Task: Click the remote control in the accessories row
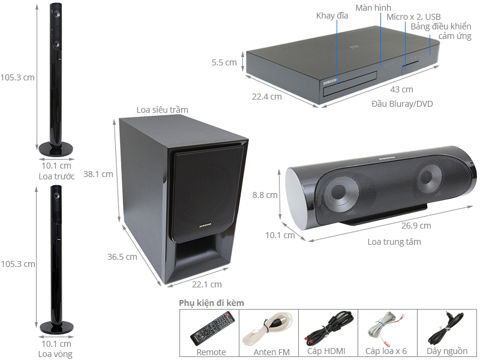pos(212,328)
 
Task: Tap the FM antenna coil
pos(266,329)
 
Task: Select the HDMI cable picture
pos(329,328)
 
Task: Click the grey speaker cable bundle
pos(386,328)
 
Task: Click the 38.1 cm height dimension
pos(98,174)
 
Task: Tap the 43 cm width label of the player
pos(401,89)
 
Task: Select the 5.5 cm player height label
pos(224,62)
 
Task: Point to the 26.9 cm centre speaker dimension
pos(416,226)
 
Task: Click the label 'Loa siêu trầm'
pos(162,110)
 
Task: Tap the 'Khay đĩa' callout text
pos(332,16)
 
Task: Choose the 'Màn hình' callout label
pos(373,8)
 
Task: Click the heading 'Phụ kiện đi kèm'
pos(212,303)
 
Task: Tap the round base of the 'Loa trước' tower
pos(56,149)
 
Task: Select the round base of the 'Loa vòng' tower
pos(56,327)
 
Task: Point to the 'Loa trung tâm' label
pos(394,242)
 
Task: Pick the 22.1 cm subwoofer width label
pos(206,284)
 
